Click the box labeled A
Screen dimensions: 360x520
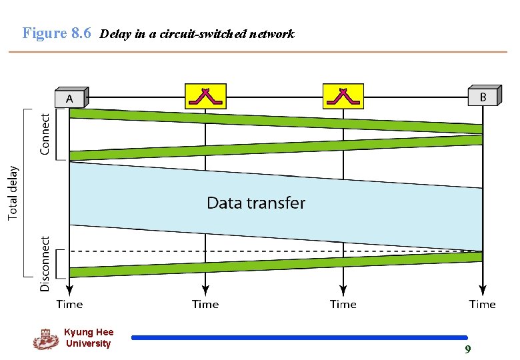70,98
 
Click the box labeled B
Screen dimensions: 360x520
483,97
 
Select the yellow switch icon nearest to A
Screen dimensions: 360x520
205,96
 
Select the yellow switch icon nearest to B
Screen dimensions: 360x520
343,96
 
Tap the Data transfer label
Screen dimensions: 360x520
256,203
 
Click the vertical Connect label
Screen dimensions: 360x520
45,133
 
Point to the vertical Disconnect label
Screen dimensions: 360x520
45,263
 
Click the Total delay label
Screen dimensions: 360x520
13,193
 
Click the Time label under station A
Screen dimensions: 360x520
70,305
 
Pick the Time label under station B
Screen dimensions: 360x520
483,305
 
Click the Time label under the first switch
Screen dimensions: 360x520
205,305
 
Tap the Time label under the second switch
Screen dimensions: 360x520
343,305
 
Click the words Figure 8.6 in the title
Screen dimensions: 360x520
57,33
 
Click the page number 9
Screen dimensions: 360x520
468,350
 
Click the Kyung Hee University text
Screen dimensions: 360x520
89,338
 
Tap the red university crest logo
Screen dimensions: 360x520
45,339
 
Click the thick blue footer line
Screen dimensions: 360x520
300,338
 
